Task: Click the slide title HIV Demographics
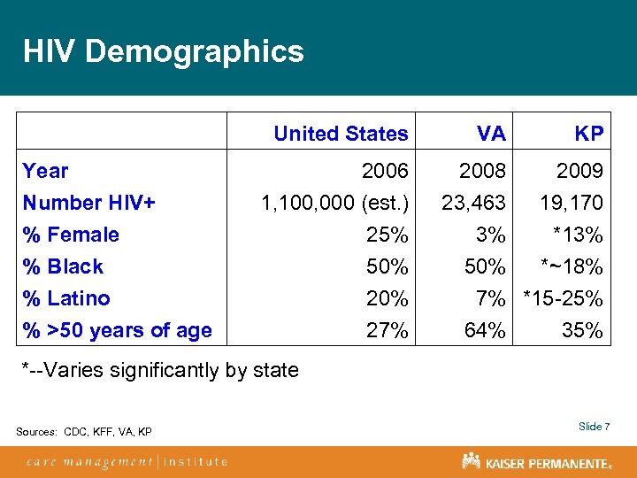pyautogui.click(x=164, y=51)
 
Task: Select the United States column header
pyautogui.click(x=341, y=134)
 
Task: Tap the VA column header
pyautogui.click(x=490, y=134)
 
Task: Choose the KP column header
pyautogui.click(x=588, y=134)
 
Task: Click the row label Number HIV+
pyautogui.click(x=89, y=203)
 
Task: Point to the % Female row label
pyautogui.click(x=71, y=235)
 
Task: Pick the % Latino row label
pyautogui.click(x=66, y=298)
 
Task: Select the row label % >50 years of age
pyautogui.click(x=118, y=330)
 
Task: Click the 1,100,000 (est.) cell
pyautogui.click(x=334, y=203)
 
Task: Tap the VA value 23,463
pyautogui.click(x=473, y=203)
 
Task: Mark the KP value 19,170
pyautogui.click(x=572, y=203)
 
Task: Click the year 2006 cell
pyautogui.click(x=386, y=171)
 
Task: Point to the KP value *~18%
pyautogui.click(x=572, y=266)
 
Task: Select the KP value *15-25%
pyautogui.click(x=564, y=298)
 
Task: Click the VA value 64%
pyautogui.click(x=485, y=330)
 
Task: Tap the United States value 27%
pyautogui.click(x=388, y=330)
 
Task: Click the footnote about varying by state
pyautogui.click(x=160, y=369)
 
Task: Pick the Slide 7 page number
pyautogui.click(x=595, y=427)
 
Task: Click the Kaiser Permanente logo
pyautogui.click(x=536, y=461)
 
